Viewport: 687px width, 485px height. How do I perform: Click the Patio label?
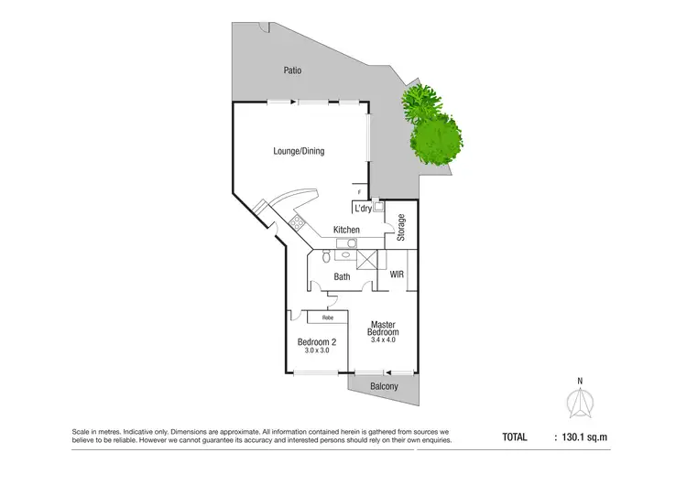pyautogui.click(x=292, y=70)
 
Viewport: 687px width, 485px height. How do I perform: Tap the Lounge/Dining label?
pyautogui.click(x=299, y=151)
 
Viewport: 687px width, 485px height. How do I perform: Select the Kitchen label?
pyautogui.click(x=345, y=230)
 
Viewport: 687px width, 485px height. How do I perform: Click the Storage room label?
pyautogui.click(x=401, y=227)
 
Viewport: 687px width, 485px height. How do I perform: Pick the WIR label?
pyautogui.click(x=397, y=274)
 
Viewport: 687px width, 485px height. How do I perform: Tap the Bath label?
pyautogui.click(x=342, y=276)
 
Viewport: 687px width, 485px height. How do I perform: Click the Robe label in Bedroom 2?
pyautogui.click(x=327, y=318)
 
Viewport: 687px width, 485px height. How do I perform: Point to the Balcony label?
pyautogui.click(x=384, y=387)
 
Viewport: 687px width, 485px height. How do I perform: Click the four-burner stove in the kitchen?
pyautogui.click(x=299, y=222)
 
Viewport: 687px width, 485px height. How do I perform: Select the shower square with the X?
pyautogui.click(x=367, y=259)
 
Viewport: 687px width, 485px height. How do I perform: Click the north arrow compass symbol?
pyautogui.click(x=579, y=400)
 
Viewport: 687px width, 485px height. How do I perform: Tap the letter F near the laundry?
pyautogui.click(x=359, y=192)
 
